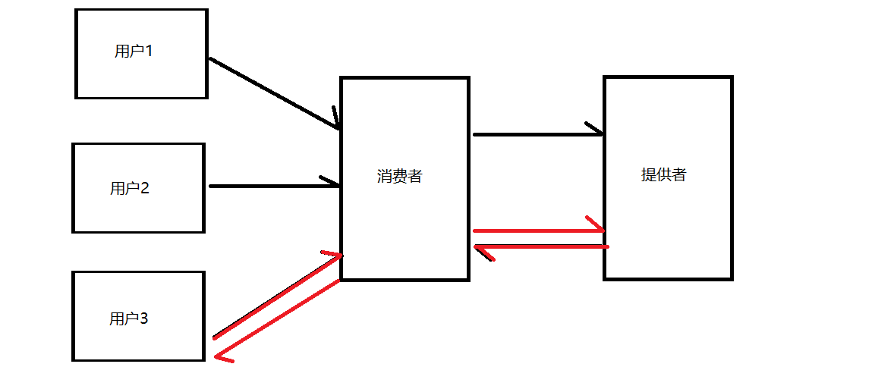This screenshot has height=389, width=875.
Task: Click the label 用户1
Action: [x=134, y=52]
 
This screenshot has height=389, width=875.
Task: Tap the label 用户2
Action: [x=130, y=188]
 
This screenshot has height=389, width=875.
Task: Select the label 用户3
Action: [x=129, y=318]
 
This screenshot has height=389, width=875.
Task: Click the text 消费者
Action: [x=399, y=176]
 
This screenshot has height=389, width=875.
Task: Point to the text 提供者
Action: [x=663, y=174]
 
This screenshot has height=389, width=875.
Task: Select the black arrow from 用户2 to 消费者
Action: [x=273, y=186]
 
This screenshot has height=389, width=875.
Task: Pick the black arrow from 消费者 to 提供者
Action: [x=535, y=134]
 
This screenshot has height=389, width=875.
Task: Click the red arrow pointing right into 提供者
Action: [x=535, y=230]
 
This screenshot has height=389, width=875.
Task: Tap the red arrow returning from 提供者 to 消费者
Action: [x=543, y=246]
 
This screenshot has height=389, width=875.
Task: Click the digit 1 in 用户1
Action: [x=149, y=52]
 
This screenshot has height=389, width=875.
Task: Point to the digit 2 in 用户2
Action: [x=144, y=188]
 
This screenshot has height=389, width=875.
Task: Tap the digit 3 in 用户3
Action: [x=143, y=318]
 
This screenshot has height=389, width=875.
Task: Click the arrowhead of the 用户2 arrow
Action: [x=332, y=183]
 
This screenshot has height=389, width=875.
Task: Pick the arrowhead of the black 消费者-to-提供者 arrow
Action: [x=595, y=130]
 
